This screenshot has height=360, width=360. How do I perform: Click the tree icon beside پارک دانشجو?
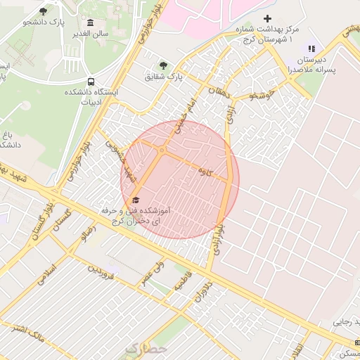pos(44,11)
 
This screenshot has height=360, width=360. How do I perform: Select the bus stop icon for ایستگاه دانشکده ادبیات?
pos(91,81)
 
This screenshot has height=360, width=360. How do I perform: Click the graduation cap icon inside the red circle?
pos(135,200)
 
